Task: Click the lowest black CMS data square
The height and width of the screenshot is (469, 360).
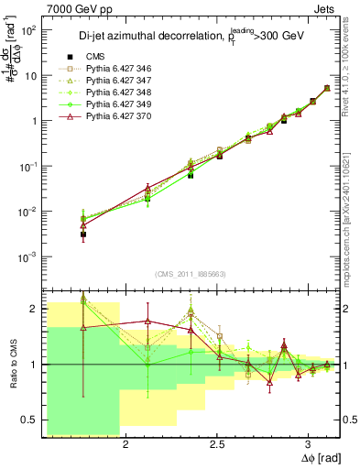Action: [x=83, y=234]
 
